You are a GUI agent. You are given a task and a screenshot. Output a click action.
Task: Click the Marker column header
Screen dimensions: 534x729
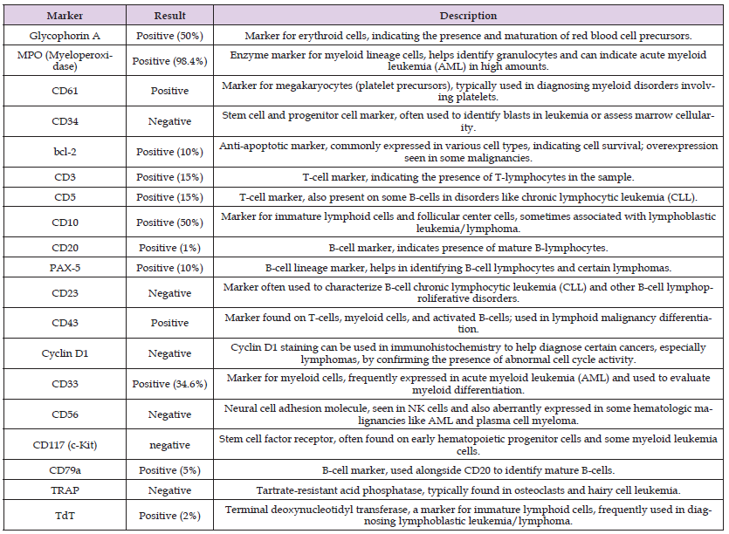65,16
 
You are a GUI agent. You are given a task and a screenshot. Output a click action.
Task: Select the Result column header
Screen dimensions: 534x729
168,16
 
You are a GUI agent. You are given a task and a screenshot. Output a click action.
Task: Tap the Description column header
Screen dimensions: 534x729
468,16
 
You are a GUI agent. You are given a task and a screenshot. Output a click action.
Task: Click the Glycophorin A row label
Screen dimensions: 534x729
65,36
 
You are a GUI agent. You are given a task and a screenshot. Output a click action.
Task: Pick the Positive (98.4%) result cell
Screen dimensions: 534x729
168,61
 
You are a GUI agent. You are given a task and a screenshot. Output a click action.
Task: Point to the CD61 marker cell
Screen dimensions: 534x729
65,91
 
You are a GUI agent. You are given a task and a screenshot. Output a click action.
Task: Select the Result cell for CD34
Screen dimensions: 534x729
168,121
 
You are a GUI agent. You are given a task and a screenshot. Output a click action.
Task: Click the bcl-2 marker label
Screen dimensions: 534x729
65,152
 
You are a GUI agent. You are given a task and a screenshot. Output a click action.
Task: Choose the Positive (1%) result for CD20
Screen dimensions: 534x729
168,247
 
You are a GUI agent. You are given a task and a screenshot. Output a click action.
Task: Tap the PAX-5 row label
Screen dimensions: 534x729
65,267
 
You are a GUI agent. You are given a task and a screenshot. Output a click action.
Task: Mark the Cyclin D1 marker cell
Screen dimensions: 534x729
65,353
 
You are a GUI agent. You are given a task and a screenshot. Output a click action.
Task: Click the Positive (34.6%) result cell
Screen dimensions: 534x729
168,384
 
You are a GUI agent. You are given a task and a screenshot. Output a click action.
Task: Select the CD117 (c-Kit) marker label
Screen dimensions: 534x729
65,445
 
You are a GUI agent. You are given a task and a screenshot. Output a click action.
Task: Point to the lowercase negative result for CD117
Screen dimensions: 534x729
168,445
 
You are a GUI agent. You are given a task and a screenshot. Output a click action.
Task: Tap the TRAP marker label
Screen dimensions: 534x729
65,491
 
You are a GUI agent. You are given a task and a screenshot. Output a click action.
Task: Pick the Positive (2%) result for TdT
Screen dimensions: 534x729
168,516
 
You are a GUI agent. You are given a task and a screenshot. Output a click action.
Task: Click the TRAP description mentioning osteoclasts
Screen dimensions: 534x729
468,491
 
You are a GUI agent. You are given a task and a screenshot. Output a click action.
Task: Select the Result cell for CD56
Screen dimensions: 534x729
168,414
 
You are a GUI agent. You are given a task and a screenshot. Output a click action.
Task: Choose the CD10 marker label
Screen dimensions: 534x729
65,222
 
